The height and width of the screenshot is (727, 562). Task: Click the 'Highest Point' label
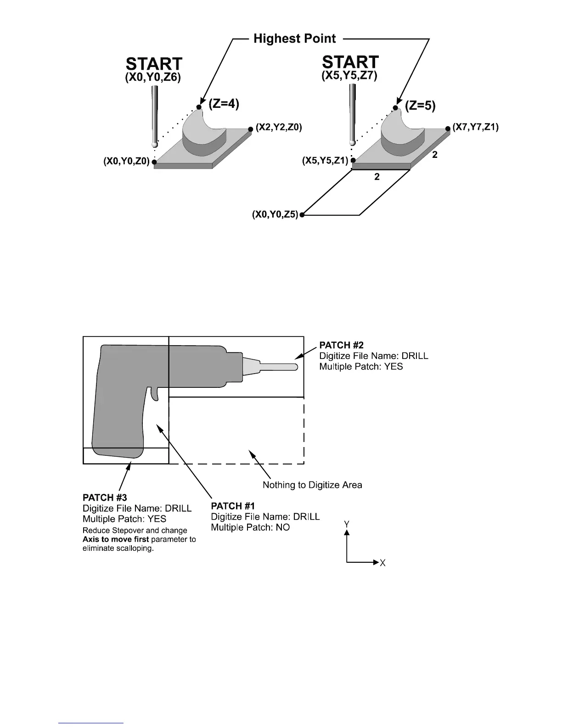tap(295, 39)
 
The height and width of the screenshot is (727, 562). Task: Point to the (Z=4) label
tap(224, 104)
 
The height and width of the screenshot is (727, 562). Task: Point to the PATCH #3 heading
tap(105, 498)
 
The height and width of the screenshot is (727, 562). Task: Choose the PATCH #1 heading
tap(233, 506)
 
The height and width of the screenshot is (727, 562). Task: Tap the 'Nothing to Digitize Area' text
tap(312, 485)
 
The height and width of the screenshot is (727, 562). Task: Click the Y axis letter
tap(348, 524)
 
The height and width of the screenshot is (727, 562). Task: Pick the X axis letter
tap(382, 563)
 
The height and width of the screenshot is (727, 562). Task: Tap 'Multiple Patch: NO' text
tap(250, 527)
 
